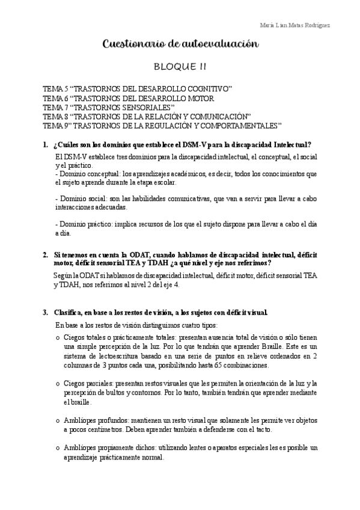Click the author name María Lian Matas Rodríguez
294,25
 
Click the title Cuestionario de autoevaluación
181,44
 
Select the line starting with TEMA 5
138,88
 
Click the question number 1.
45,145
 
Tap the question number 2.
45,254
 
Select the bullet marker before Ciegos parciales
57,384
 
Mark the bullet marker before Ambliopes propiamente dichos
57,448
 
